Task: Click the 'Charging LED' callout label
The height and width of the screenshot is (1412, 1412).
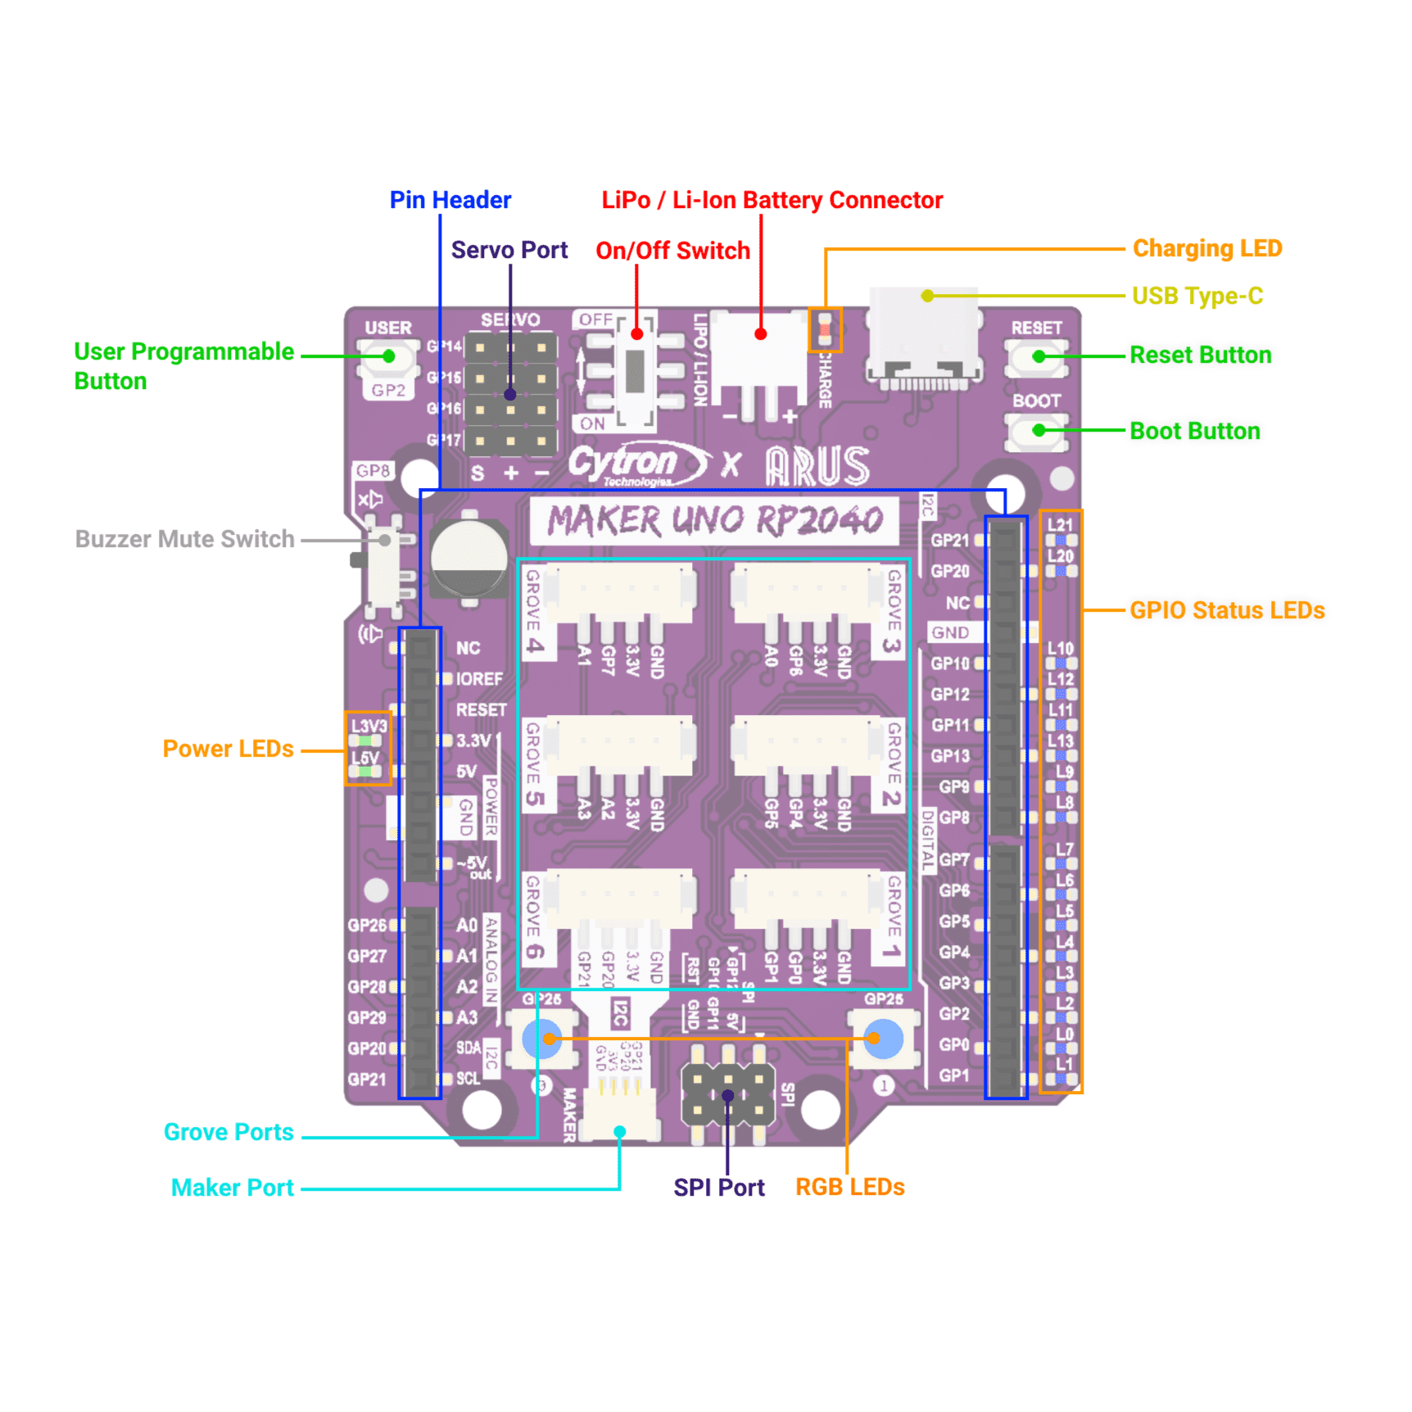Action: (x=1206, y=248)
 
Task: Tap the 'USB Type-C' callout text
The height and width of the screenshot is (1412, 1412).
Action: (x=1197, y=296)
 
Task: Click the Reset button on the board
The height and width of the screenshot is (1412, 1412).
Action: (x=1037, y=357)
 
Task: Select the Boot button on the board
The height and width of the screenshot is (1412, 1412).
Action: (x=1037, y=431)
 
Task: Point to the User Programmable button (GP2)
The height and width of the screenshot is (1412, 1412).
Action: (x=388, y=357)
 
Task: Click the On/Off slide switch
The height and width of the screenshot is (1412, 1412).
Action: (x=635, y=369)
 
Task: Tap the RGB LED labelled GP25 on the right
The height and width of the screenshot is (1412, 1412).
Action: (x=883, y=1039)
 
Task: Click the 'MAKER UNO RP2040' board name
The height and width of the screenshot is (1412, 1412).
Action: (x=714, y=520)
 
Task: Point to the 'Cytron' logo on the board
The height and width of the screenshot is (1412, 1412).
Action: (x=627, y=463)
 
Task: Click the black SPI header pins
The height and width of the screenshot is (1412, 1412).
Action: (x=728, y=1094)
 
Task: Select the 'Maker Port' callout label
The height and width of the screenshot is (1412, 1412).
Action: (x=232, y=1188)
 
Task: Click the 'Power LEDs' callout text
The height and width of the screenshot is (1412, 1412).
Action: (x=228, y=749)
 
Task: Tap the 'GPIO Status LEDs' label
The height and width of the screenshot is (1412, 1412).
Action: (x=1226, y=610)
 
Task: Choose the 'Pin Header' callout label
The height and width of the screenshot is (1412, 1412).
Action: (x=450, y=200)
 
